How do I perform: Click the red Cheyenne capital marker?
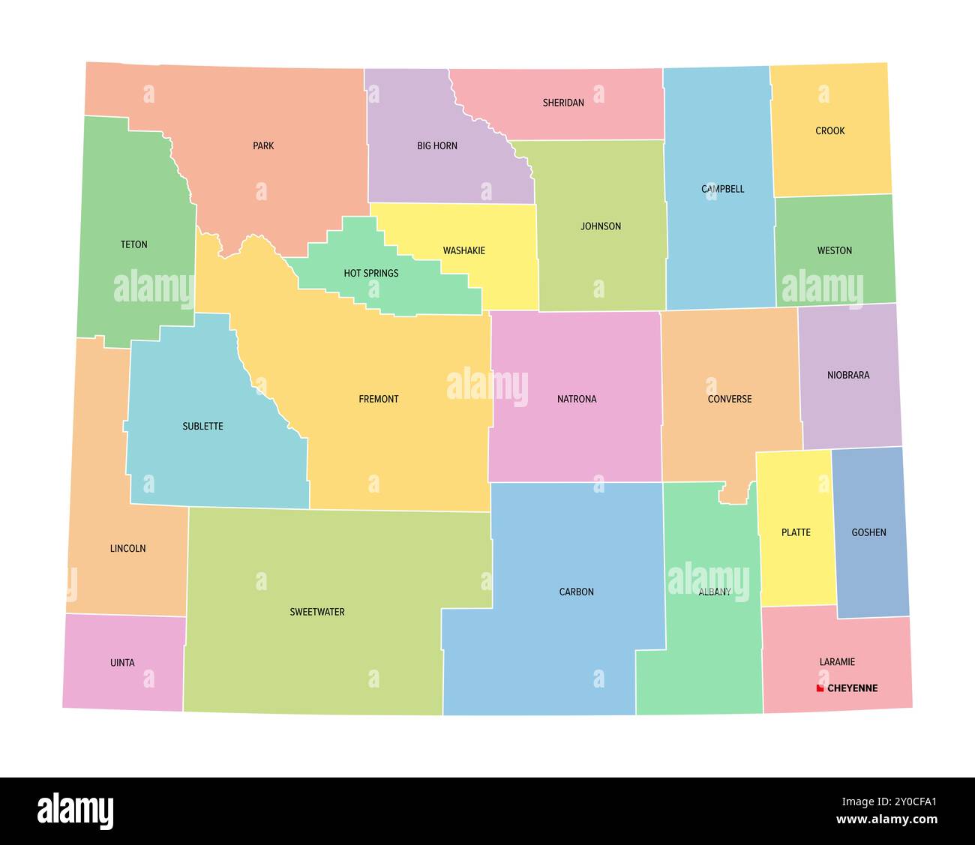pos(820,688)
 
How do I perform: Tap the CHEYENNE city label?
pos(852,688)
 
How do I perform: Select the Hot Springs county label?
pos(371,274)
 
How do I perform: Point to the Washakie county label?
pos(463,250)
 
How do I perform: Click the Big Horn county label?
pos(437,146)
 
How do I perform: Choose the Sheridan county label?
pos(563,103)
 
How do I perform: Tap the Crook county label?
pos(830,131)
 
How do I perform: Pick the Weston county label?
pos(834,250)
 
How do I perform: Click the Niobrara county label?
pos(848,375)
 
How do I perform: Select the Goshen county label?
pos(868,532)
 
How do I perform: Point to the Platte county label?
pos(796,532)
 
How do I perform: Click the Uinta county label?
pos(122,663)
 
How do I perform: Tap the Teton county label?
pos(134,244)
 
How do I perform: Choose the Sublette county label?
pos(202,426)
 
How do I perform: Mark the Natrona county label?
pos(577,399)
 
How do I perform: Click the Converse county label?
pos(729,399)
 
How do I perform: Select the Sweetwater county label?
pos(317,612)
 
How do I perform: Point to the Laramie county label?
pos(837,662)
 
